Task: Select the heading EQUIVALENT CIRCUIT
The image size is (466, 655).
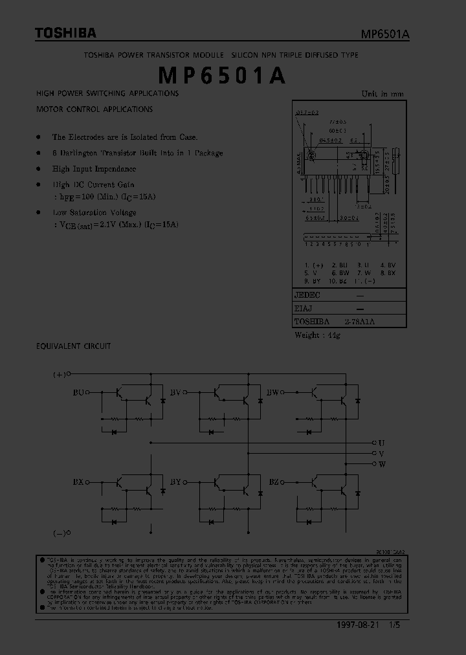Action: click(73, 346)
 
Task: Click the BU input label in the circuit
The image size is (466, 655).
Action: click(79, 392)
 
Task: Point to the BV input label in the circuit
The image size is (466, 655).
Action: click(175, 392)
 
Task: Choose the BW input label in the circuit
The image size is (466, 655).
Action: click(272, 392)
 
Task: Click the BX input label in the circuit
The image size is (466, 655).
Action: click(79, 482)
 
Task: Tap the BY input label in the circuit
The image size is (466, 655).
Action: click(175, 482)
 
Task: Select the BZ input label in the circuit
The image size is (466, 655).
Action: click(273, 482)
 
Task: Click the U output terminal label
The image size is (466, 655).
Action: click(382, 443)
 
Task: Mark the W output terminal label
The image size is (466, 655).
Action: click(382, 464)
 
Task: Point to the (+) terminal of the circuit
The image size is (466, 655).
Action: click(60, 374)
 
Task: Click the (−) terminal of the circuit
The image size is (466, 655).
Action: click(60, 533)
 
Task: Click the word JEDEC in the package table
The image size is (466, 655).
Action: click(307, 294)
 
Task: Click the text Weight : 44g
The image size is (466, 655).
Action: click(317, 335)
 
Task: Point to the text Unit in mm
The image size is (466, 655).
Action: click(382, 94)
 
